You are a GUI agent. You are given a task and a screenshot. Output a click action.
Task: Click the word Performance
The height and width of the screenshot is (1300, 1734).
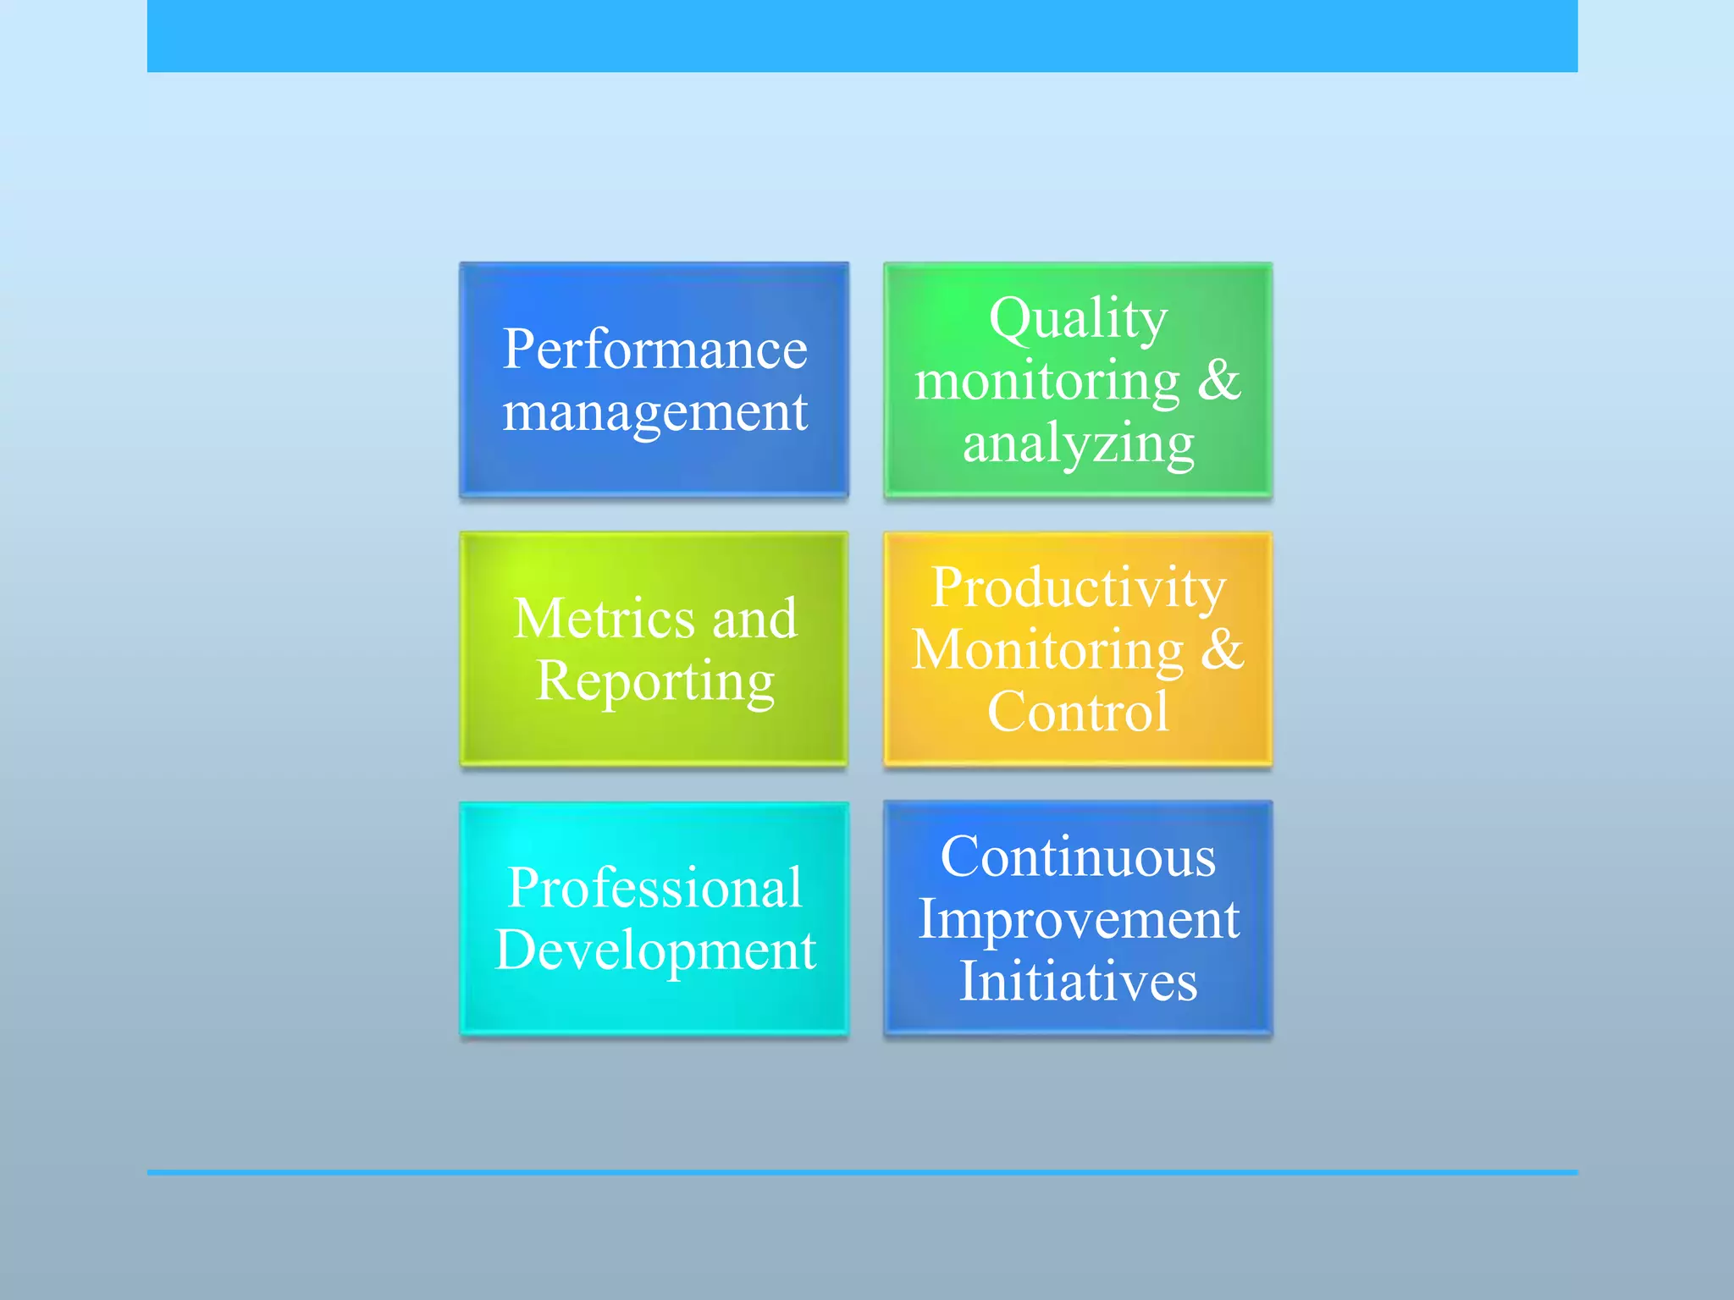[x=654, y=349]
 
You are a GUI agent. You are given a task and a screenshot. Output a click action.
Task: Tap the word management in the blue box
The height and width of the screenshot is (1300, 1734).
[x=654, y=413]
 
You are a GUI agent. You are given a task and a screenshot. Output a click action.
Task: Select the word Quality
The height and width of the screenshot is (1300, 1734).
[x=1078, y=319]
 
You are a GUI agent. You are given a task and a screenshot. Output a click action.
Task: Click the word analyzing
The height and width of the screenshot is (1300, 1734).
[x=1078, y=443]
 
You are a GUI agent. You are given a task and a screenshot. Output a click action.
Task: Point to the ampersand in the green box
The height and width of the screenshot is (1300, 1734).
[x=1219, y=380]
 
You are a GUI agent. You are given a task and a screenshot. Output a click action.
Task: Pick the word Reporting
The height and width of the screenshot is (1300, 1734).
[x=654, y=681]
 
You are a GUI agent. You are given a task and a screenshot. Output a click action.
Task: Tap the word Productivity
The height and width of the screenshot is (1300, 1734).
[x=1078, y=587]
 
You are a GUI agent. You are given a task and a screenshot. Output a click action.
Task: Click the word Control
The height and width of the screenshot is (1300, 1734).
[x=1078, y=712]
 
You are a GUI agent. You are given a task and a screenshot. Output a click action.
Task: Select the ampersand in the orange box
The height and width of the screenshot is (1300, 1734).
[x=1223, y=649]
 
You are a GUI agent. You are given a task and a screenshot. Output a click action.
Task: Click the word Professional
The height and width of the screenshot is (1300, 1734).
[x=654, y=888]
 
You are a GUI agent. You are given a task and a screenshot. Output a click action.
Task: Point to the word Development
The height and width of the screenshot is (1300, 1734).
[x=654, y=950]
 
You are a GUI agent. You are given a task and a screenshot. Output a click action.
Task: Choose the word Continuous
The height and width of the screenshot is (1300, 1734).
[x=1078, y=857]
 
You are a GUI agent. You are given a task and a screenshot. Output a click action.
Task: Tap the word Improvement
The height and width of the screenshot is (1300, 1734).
[x=1078, y=919]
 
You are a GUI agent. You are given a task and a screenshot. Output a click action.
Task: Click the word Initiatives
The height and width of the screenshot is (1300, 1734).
[x=1078, y=982]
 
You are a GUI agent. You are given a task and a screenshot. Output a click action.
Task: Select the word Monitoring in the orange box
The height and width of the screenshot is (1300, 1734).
[x=1047, y=650]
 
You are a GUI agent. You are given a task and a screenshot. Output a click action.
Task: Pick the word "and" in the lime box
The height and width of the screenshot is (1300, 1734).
[x=754, y=618]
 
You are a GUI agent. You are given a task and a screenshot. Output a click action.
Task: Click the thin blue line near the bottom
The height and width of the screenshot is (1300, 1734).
[x=862, y=1172]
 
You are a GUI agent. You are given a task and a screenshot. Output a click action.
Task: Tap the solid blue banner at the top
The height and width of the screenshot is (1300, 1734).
[x=862, y=36]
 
